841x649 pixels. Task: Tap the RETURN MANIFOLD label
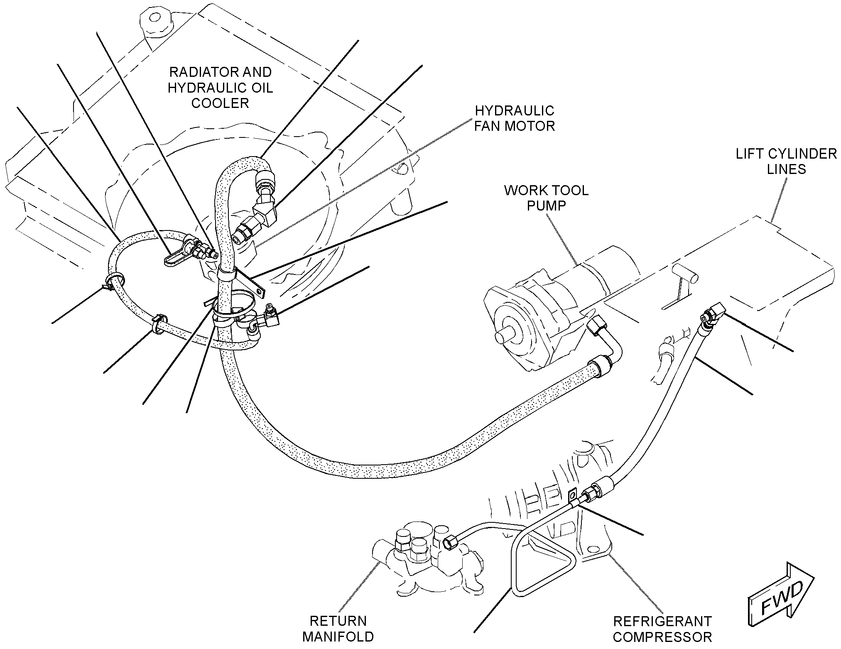338,628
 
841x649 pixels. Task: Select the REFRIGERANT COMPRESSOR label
662,629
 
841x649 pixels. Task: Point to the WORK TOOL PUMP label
546,198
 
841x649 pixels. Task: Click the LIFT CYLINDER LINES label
786,161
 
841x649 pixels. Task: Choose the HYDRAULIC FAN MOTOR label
515,118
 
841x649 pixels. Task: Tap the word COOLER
220,103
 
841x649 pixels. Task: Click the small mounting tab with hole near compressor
573,496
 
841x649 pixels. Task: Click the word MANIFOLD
338,637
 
